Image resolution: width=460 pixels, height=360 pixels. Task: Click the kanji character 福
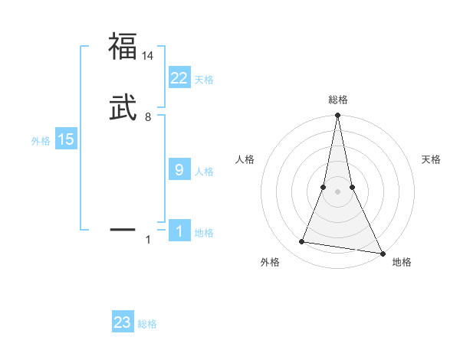coord(123,46)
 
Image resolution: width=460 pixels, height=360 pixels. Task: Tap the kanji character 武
coord(123,108)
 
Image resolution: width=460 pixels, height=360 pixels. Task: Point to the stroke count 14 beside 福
coord(148,56)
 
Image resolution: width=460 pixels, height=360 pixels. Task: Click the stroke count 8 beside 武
coord(148,117)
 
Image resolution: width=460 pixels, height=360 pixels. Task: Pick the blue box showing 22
coord(179,78)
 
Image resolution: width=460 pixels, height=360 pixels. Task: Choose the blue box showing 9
coord(179,170)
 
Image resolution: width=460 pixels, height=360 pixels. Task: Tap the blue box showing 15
coord(65,139)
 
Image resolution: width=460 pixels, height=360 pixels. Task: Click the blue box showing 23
coord(123,322)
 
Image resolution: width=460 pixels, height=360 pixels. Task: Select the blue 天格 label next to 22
coord(204,80)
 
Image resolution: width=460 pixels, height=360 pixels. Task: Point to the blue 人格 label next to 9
coord(204,172)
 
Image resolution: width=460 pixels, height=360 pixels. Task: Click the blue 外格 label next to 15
coord(41,141)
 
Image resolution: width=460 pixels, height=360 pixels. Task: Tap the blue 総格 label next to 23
coord(147,324)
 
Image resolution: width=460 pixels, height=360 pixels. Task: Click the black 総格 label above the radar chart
coord(337,100)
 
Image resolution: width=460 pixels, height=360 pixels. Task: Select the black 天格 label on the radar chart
coord(432,159)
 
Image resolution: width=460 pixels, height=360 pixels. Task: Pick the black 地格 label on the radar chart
coord(402,263)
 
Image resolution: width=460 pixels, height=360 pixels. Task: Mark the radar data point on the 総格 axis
coord(337,116)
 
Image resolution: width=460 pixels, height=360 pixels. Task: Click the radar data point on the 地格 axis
coord(382,252)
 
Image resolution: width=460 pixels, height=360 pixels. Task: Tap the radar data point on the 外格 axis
coord(302,242)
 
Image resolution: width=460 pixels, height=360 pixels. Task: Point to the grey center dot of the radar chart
coord(337,191)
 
